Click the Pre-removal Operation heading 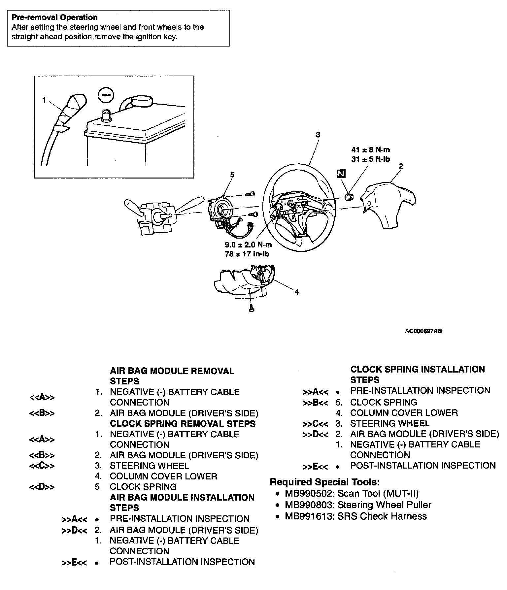(x=54, y=17)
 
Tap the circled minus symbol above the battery (x=106, y=95)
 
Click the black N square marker (x=341, y=174)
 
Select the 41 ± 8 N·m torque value (x=371, y=150)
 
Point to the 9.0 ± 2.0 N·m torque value (x=248, y=245)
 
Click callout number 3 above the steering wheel (x=318, y=135)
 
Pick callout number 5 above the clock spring (x=232, y=175)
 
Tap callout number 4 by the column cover (x=296, y=292)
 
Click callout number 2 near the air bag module (x=401, y=166)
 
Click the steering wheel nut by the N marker (x=349, y=197)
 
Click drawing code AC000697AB (x=423, y=331)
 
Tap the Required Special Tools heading (x=325, y=482)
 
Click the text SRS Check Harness (x=382, y=516)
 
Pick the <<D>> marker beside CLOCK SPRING (x=42, y=487)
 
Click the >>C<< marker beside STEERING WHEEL (x=315, y=424)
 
